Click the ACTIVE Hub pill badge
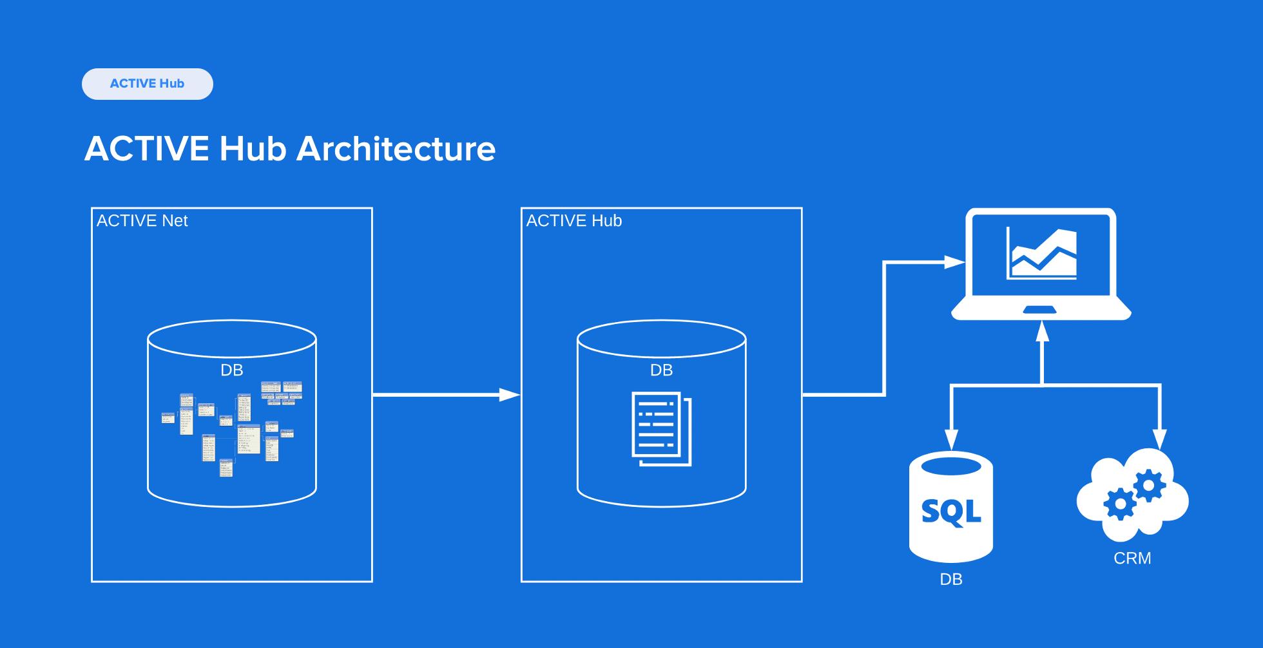coord(147,84)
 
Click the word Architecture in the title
coord(396,149)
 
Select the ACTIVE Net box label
coord(142,221)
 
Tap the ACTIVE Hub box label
coord(574,221)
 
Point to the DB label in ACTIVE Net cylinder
coord(232,370)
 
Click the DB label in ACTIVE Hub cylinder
coord(661,370)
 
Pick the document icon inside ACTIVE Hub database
coord(661,428)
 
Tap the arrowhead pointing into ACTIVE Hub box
coord(510,395)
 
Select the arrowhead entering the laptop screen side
coord(954,262)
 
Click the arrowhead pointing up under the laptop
coord(1042,331)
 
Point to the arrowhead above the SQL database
coord(951,439)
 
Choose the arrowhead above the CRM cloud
coord(1160,439)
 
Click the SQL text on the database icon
coord(951,511)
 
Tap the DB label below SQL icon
coord(951,580)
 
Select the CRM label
coord(1132,558)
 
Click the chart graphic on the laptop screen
coord(1041,254)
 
